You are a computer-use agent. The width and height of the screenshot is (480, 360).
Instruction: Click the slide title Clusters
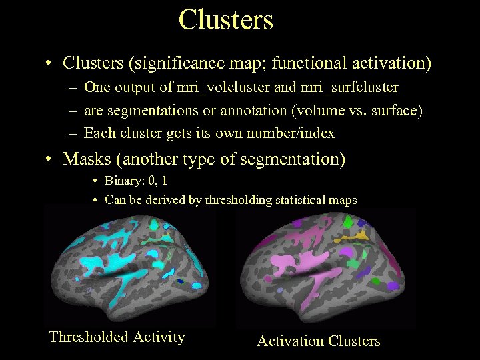point(226,19)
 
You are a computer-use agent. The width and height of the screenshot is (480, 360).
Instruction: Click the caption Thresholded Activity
point(117,337)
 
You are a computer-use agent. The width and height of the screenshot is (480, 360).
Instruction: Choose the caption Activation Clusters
point(319,341)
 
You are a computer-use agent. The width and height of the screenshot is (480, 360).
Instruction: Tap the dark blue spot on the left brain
point(180,282)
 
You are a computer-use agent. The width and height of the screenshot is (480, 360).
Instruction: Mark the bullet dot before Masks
point(49,160)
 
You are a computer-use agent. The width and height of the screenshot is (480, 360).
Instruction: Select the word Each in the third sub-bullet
point(100,133)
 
